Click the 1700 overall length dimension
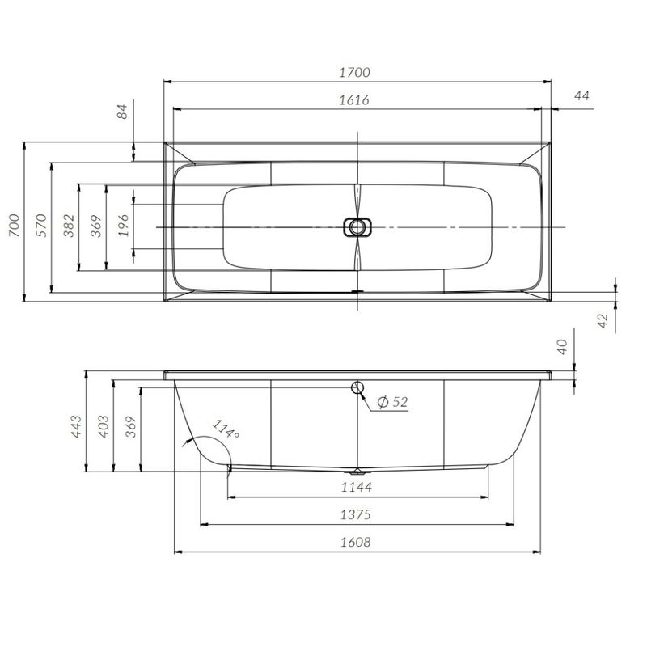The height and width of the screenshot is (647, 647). (x=355, y=72)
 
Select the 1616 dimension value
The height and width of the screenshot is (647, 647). (x=355, y=99)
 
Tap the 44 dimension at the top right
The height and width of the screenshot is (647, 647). (x=581, y=95)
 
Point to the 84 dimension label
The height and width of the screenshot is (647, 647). (x=123, y=112)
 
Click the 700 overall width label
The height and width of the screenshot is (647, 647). (x=14, y=223)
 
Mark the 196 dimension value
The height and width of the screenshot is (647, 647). (x=123, y=224)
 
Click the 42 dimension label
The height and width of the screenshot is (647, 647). (x=602, y=320)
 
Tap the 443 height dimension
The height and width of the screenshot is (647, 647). (x=75, y=427)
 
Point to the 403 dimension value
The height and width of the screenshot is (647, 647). (x=103, y=427)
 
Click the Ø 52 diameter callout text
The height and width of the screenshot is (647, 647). (x=392, y=401)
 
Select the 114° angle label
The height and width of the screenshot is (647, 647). (x=226, y=428)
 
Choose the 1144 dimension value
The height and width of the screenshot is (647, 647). (x=357, y=487)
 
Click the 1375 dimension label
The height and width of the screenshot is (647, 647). (x=356, y=514)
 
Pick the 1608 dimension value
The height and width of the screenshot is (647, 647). (x=356, y=542)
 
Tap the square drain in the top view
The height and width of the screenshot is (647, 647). (x=356, y=227)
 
